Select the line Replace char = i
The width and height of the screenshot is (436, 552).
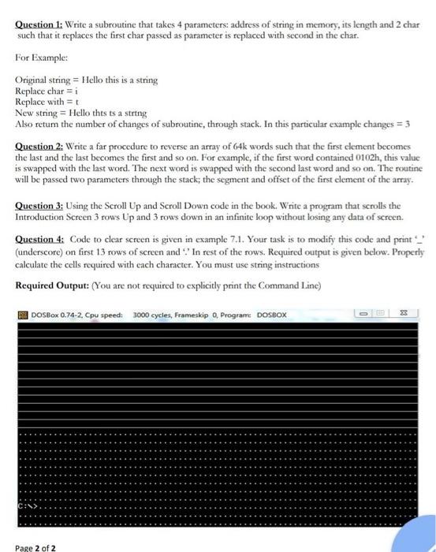[x=49, y=91]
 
